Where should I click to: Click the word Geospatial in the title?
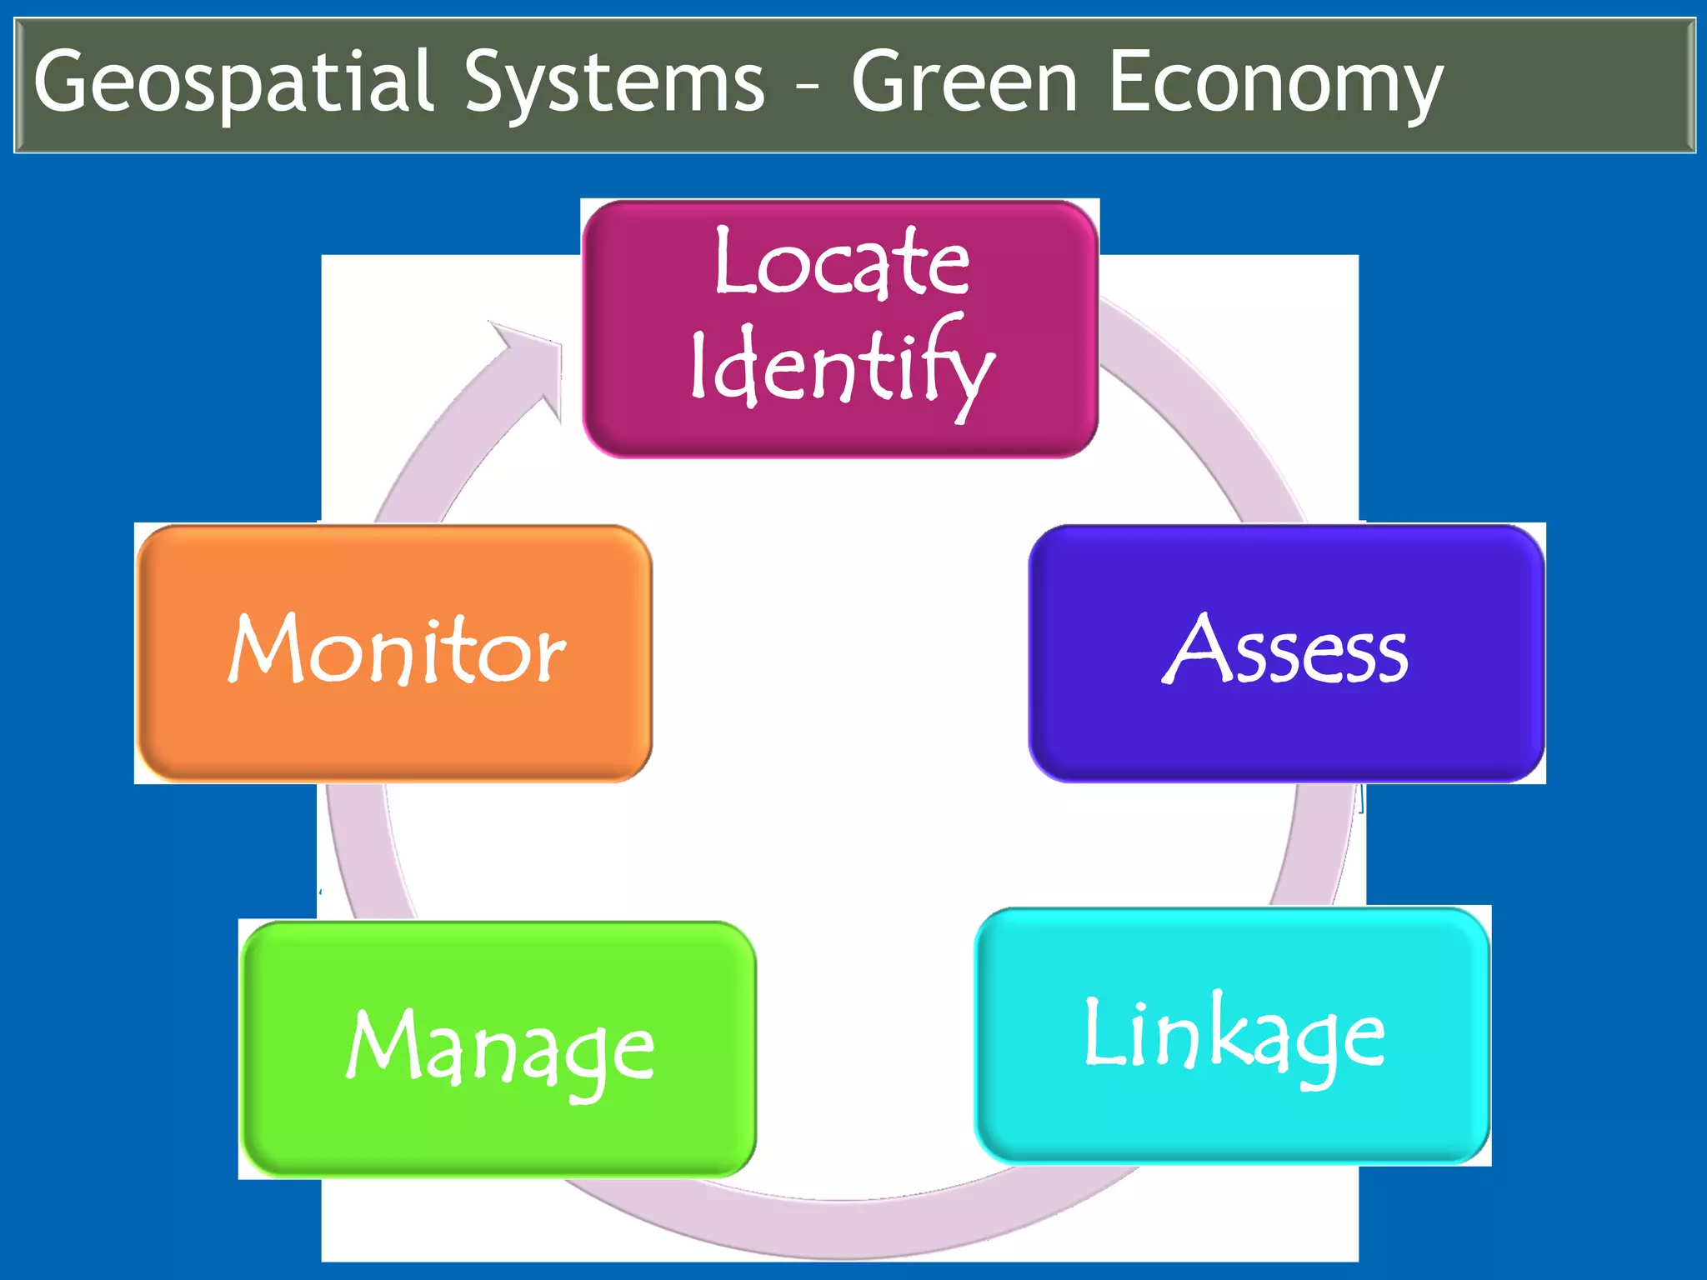tap(234, 82)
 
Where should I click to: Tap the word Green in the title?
tap(965, 82)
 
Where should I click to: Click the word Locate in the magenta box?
tap(842, 262)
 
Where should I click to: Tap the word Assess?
tap(1286, 651)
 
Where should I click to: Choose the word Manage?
tap(500, 1050)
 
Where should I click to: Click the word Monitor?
tap(397, 649)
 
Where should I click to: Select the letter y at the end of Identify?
tap(972, 379)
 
